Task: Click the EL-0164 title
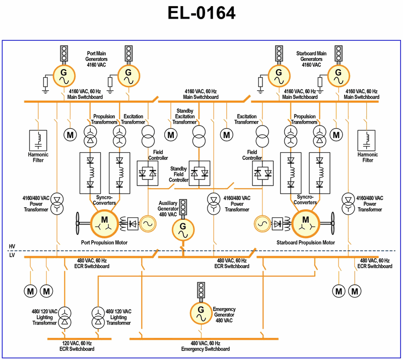click(201, 14)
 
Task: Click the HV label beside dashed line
click(12, 247)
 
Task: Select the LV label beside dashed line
click(12, 256)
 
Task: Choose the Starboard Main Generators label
click(308, 58)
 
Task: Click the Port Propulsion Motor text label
click(104, 243)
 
